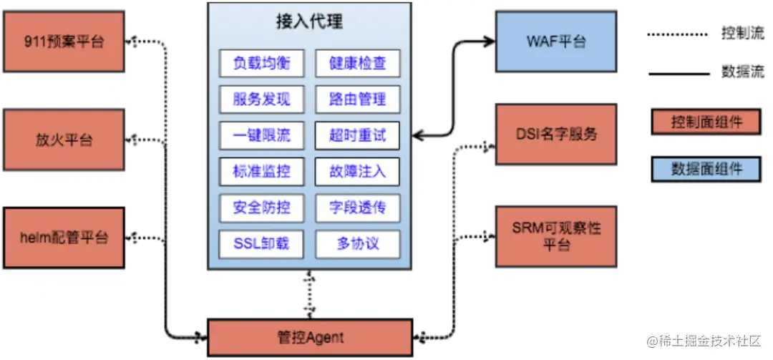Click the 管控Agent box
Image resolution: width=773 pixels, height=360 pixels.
point(310,336)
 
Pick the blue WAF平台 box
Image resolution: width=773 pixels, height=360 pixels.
point(556,42)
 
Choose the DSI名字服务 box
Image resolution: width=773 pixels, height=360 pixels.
point(556,134)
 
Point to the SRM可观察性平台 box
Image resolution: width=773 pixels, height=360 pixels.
point(556,236)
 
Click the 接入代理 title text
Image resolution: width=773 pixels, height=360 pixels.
point(309,21)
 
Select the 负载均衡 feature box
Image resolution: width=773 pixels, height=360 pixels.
point(261,63)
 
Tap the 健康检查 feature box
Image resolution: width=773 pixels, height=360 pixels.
point(357,63)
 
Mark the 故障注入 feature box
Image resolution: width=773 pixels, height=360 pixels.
point(357,172)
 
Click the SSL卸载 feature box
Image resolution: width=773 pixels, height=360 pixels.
point(261,244)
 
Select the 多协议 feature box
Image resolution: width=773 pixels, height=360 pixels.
point(357,244)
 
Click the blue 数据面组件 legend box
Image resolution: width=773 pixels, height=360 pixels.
point(706,169)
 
